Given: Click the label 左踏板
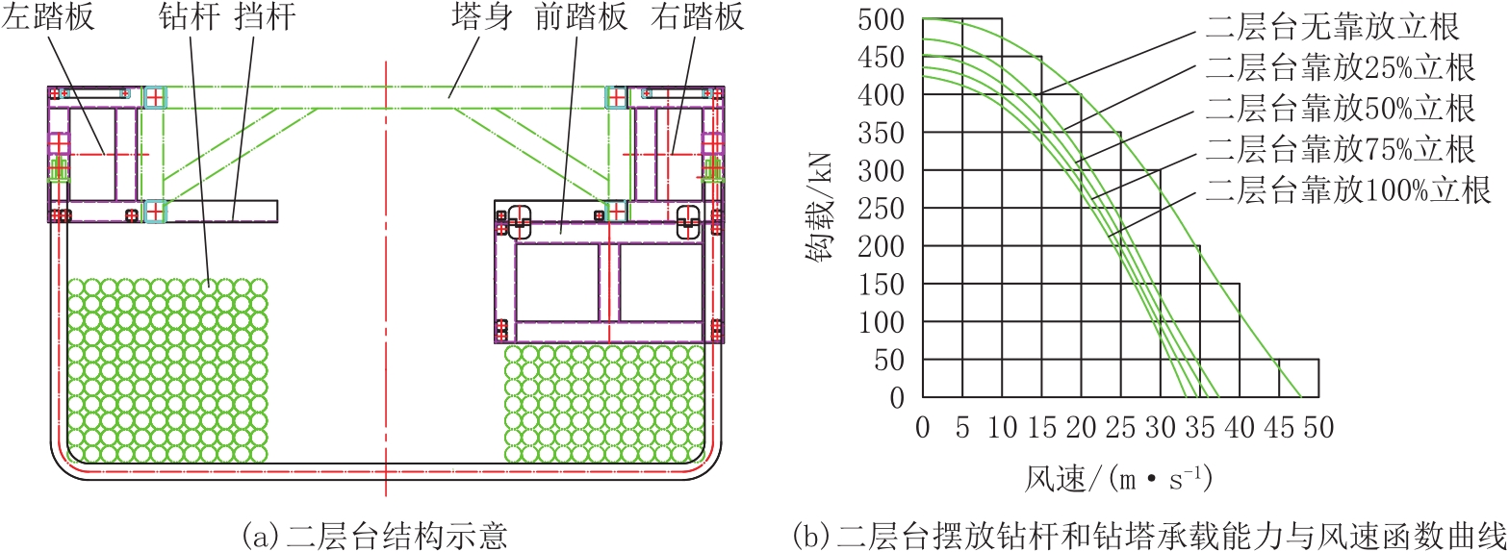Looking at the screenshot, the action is click(x=48, y=16).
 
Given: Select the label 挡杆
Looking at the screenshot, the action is click(x=266, y=16).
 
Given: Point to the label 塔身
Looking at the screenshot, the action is click(x=482, y=16).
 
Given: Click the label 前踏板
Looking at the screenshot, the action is click(x=581, y=16).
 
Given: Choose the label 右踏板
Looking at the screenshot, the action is click(x=697, y=16).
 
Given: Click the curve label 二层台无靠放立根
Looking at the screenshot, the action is click(x=1333, y=27).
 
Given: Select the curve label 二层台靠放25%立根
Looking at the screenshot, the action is click(x=1341, y=67).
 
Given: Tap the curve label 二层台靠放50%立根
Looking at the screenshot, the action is click(x=1341, y=109).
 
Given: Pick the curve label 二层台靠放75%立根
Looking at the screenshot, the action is click(x=1341, y=149).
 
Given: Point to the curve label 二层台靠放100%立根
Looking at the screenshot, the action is click(x=1348, y=190).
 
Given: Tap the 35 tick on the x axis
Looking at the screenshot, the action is click(x=1200, y=427).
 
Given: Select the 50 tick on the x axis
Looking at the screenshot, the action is click(x=1318, y=427).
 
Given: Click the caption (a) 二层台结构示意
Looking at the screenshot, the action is click(x=373, y=537).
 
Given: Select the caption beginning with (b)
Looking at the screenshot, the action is click(x=1149, y=537).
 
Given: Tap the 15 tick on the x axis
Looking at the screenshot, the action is click(x=1041, y=427).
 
